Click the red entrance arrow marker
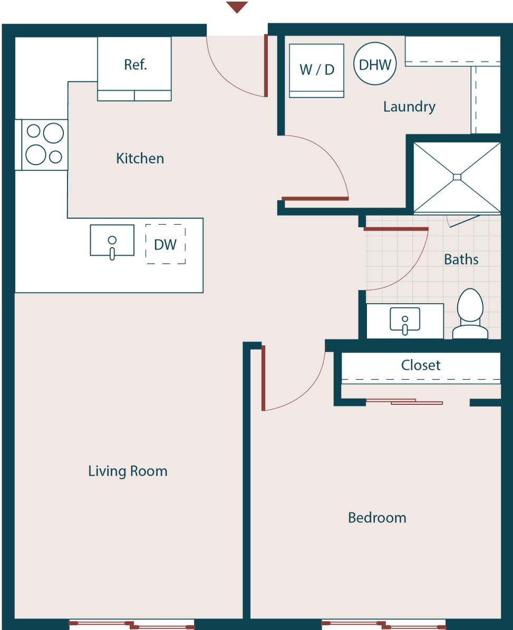(x=237, y=7)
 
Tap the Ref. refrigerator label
(x=135, y=64)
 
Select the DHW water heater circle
(x=375, y=64)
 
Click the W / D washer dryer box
(x=317, y=70)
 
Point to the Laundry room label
(x=409, y=107)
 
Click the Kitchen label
(x=140, y=158)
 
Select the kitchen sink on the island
(x=112, y=241)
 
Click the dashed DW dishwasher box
(x=166, y=244)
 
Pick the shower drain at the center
(x=457, y=177)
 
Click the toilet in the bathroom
(x=470, y=314)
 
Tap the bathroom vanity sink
(x=405, y=321)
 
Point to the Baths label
(x=461, y=259)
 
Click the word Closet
(x=421, y=365)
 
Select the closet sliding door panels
(x=404, y=402)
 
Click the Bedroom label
(x=377, y=518)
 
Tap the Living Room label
(x=128, y=471)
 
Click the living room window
(x=132, y=625)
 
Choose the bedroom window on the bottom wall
(x=384, y=625)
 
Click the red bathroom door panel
(x=396, y=229)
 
